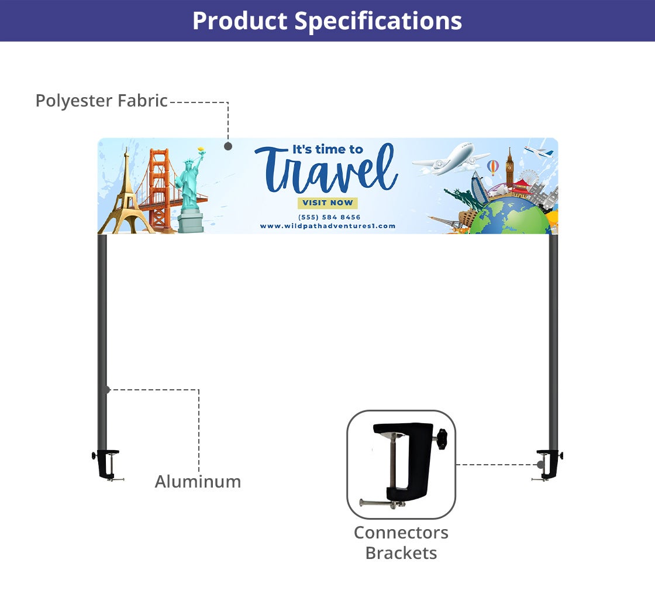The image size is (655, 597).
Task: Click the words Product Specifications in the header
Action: point(327,21)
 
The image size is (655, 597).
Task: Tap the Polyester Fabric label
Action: point(101,101)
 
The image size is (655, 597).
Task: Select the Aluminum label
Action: point(198,482)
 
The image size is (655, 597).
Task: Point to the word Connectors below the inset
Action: point(401,533)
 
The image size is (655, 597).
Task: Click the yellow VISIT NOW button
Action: point(327,203)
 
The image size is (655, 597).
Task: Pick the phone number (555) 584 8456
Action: point(329,217)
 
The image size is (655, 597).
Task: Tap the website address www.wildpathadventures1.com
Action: point(327,226)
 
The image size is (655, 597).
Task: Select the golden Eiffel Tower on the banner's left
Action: point(126,193)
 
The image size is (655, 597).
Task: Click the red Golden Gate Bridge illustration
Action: point(161,187)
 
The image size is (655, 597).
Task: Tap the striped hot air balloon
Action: point(493,167)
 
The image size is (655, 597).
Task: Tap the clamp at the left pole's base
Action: point(108,464)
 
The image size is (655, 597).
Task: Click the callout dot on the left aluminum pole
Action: point(106,390)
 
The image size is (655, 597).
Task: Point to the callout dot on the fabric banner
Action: point(228,146)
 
